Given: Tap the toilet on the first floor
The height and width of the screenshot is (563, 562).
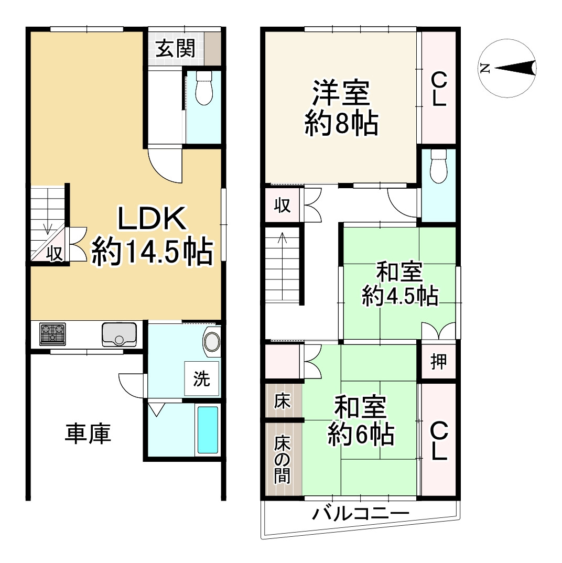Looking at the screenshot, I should [203, 88].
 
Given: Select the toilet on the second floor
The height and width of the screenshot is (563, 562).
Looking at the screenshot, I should [438, 167].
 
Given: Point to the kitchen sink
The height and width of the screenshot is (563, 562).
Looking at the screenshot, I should [120, 334].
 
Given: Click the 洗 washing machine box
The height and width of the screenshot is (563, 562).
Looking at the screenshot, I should [202, 378].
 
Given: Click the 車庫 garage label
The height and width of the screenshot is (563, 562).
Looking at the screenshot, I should [88, 435].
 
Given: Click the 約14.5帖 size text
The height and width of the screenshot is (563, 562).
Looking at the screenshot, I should [152, 252].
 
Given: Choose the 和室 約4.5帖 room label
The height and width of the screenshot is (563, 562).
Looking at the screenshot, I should [400, 286].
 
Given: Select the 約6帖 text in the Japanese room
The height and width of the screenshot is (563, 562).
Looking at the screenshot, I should [361, 434].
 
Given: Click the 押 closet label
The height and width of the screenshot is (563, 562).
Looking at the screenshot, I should [438, 362].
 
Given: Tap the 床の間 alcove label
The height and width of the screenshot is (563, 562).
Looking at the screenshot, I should [283, 459].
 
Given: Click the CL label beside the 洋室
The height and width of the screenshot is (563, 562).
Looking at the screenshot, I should [439, 89].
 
